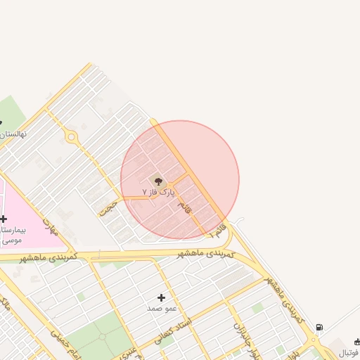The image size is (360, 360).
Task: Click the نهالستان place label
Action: [x=12, y=134]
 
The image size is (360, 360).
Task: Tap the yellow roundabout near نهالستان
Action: [x=71, y=137]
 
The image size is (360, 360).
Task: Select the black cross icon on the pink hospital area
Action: [x=4, y=219]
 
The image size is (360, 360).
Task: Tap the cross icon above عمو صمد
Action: [x=162, y=298]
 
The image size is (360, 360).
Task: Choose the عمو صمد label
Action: [x=161, y=309]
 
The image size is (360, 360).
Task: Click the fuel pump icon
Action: [x=320, y=328]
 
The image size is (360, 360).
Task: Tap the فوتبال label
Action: [x=349, y=352]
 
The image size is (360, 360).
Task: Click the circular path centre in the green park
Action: [x=103, y=336]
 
